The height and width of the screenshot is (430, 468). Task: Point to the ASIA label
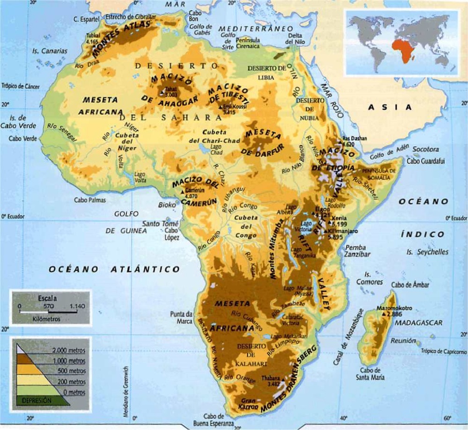[x=389, y=107]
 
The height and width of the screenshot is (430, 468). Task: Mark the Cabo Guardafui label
[x=425, y=161]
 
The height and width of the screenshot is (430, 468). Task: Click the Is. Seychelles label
[x=427, y=252]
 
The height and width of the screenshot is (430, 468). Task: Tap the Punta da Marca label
[x=182, y=317]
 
